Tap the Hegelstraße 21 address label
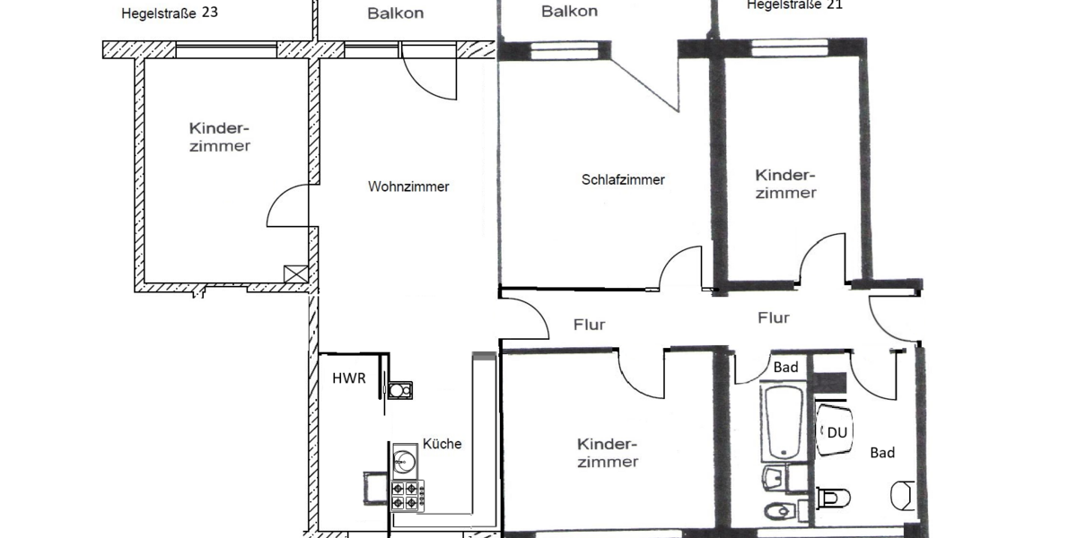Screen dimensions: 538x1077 coord(794,4)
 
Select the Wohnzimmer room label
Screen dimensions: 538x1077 coord(408,187)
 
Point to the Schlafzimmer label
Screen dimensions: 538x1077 coord(623,179)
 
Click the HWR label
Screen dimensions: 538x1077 coord(349,378)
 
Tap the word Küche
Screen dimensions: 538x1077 coord(442,444)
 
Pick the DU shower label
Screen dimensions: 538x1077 coord(836,432)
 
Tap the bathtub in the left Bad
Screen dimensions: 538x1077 coord(785,421)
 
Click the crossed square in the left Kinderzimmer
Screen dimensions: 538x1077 coord(293,274)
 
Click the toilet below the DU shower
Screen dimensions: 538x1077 coord(834,496)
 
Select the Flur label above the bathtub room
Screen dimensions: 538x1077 coord(774,317)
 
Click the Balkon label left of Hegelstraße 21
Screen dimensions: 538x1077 coord(569,12)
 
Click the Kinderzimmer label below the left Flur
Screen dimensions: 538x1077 coord(608,453)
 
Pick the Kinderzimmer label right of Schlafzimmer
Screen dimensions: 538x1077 coord(786,184)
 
